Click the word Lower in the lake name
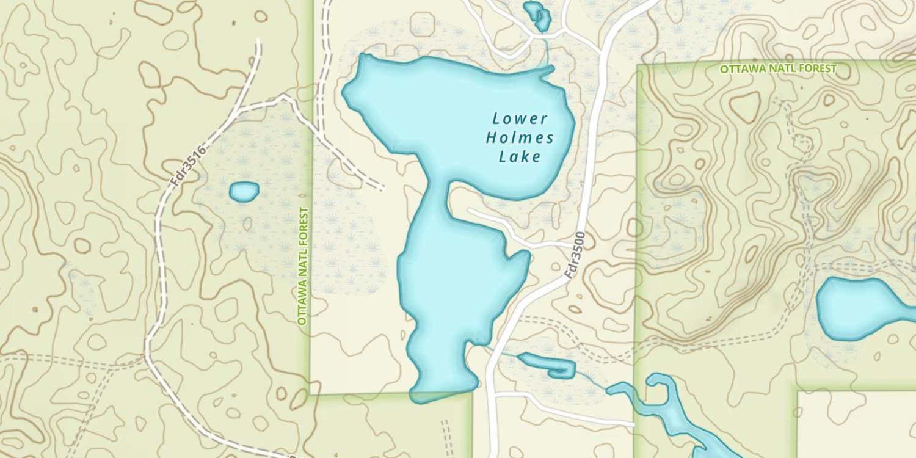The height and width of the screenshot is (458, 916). click(520, 118)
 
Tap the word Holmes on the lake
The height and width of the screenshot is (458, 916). click(520, 138)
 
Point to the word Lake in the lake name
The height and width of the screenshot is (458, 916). click(520, 158)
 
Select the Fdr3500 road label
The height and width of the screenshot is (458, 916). click(575, 255)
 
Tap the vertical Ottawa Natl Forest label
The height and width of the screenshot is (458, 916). click(304, 266)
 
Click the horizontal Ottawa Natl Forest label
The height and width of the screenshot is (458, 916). click(777, 69)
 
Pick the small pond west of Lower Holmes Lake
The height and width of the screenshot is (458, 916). click(244, 192)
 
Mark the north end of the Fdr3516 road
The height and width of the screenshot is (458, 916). click(258, 42)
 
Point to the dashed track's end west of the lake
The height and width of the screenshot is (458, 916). click(382, 188)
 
